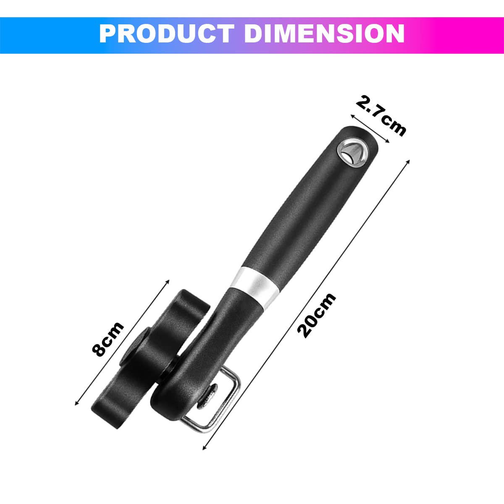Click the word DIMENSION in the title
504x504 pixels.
pos(324,34)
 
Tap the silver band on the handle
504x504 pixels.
pos(256,286)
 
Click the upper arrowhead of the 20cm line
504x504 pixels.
pos(408,161)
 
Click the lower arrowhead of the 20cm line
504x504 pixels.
pos(205,448)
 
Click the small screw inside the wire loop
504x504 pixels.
pos(207,396)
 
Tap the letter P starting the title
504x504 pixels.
pos(108,34)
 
